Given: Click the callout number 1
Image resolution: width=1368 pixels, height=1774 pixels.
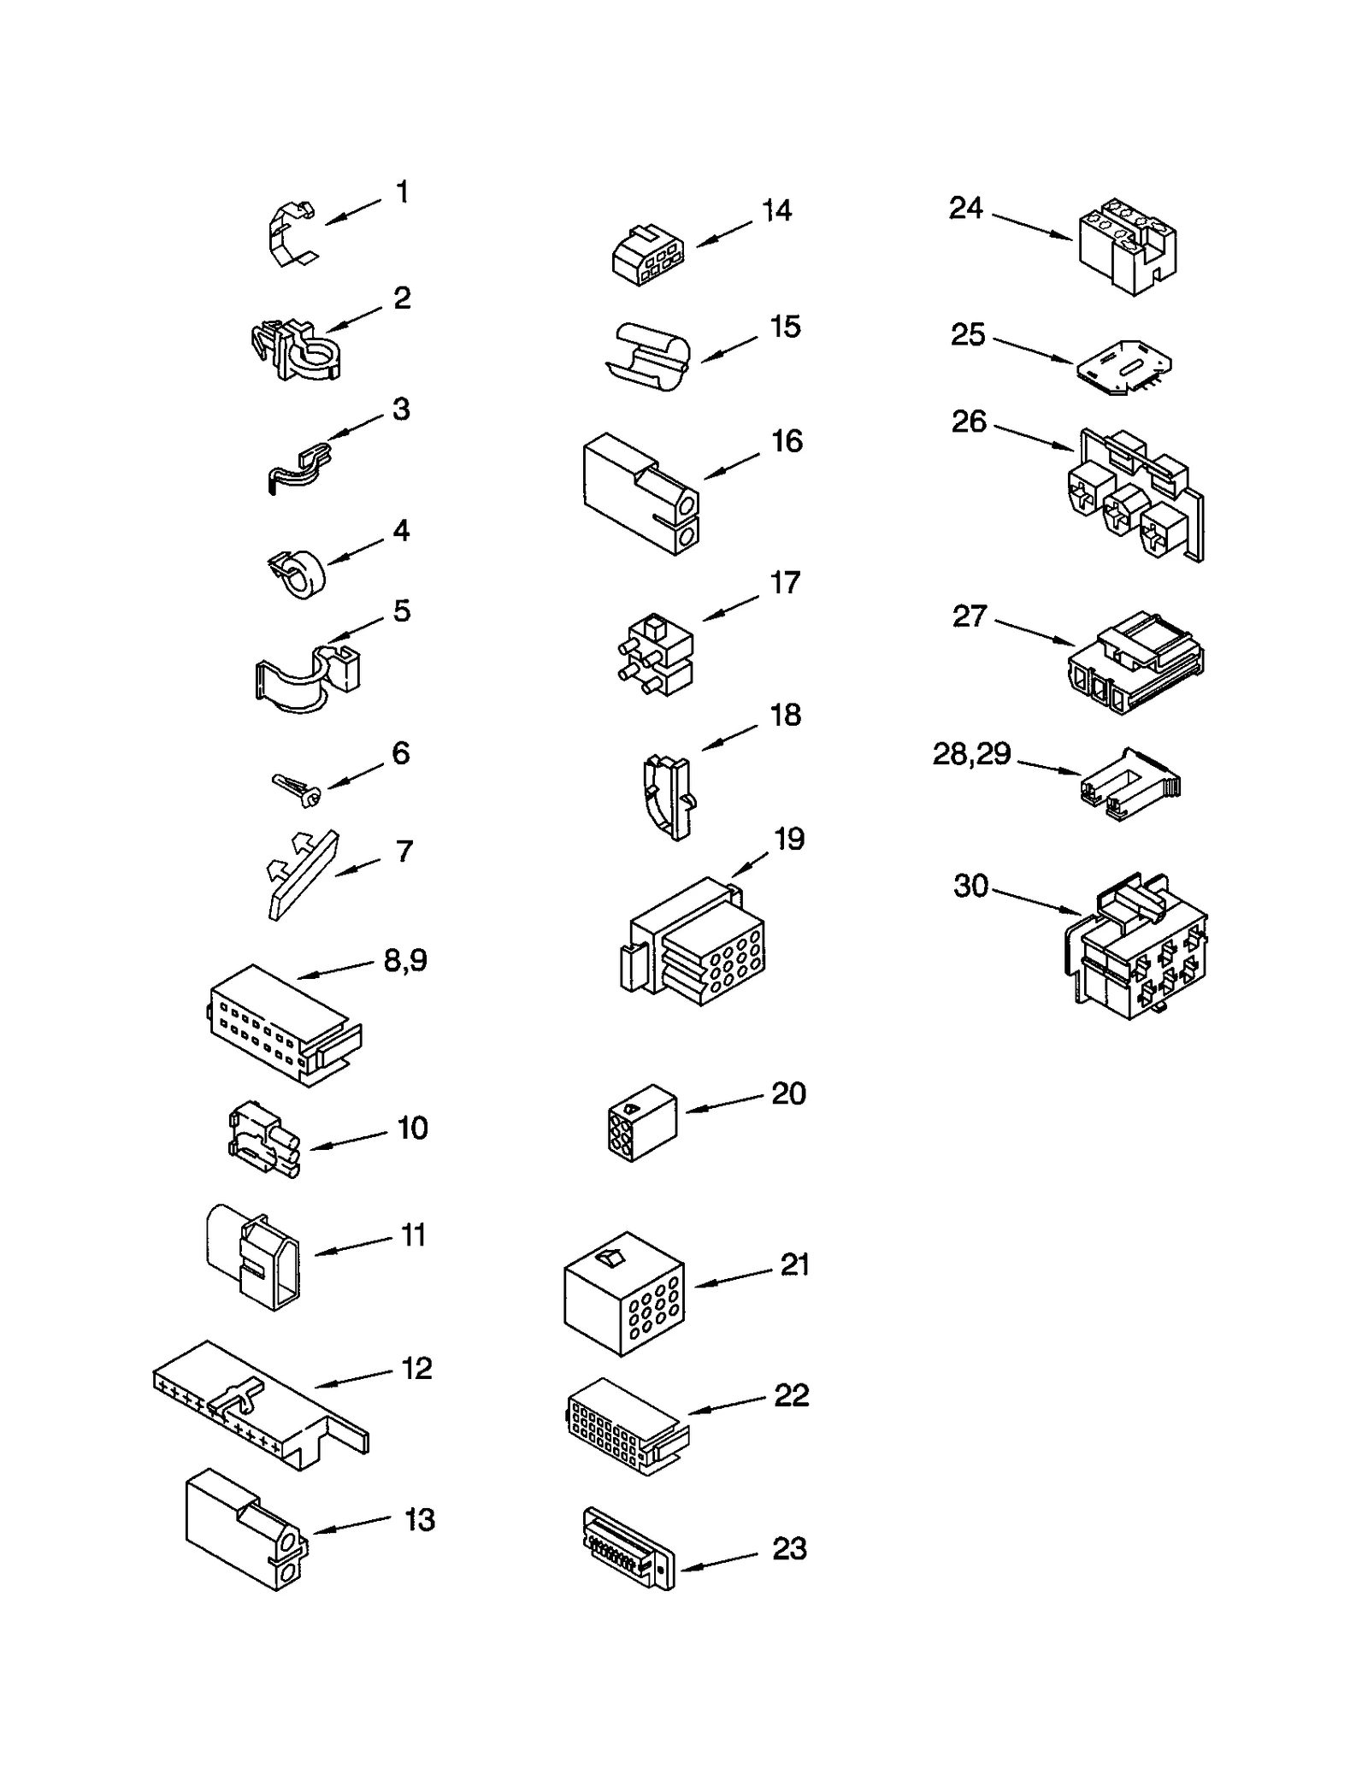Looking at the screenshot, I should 402,192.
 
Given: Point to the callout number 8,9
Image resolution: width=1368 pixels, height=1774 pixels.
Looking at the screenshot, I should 404,960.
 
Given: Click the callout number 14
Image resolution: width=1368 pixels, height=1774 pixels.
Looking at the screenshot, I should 776,210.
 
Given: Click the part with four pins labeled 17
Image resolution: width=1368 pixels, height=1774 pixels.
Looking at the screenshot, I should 655,654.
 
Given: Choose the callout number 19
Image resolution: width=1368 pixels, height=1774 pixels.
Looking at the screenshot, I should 788,839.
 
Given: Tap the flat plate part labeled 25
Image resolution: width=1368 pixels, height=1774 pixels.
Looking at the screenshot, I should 1122,367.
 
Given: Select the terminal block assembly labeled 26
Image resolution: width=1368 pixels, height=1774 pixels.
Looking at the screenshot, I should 1137,496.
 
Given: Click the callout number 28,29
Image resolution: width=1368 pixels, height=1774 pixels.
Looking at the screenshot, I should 971,754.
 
